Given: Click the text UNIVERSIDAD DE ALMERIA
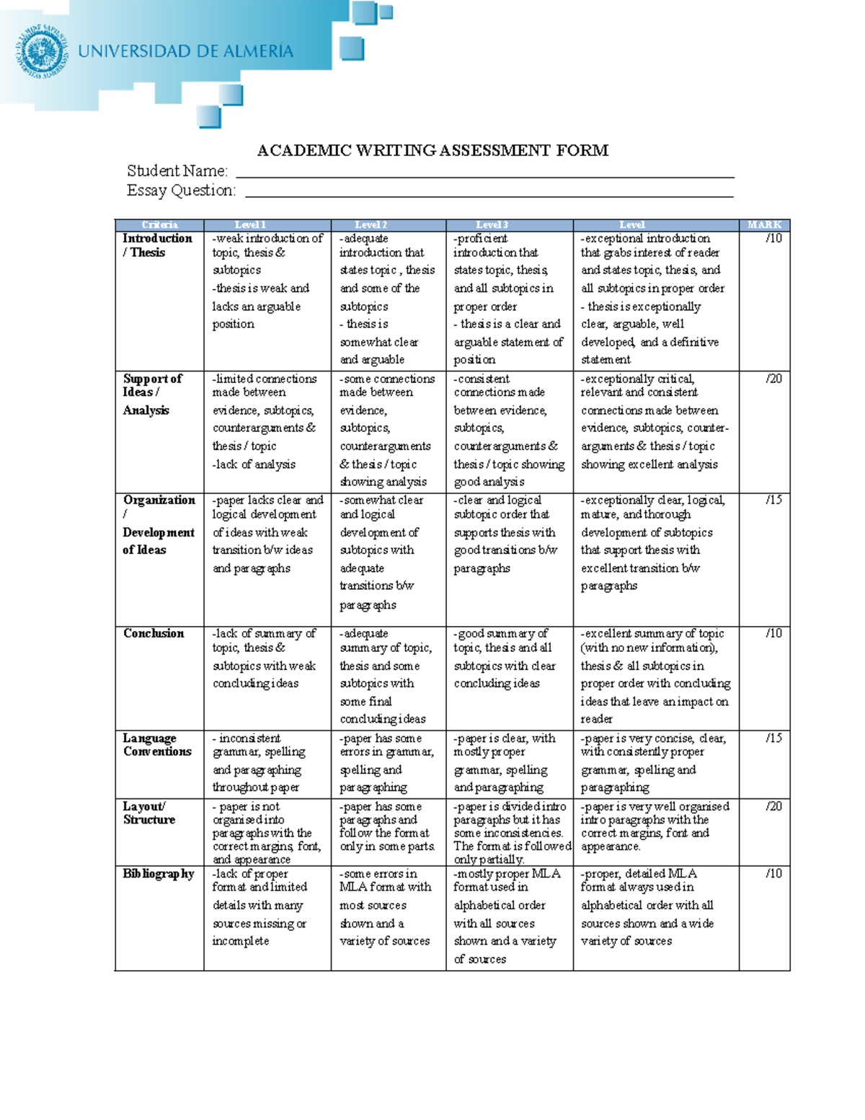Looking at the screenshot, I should (x=185, y=51).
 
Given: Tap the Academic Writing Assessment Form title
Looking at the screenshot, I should (x=432, y=150).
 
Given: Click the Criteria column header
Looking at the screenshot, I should (x=159, y=225).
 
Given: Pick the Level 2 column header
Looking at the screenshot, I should (x=371, y=225).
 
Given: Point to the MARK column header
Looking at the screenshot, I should (x=764, y=225).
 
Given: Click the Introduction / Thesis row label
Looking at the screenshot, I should (x=156, y=245).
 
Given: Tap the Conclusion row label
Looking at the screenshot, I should (x=154, y=633).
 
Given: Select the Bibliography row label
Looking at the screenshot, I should (x=158, y=873).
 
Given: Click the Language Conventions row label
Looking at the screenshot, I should (x=156, y=744).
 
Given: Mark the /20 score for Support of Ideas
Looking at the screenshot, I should (x=773, y=379).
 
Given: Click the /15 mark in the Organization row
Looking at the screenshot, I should (x=773, y=500).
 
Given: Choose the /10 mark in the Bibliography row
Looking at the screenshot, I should (x=773, y=873).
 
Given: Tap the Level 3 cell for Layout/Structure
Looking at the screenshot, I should (x=510, y=832).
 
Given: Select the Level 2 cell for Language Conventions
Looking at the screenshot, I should (x=386, y=762).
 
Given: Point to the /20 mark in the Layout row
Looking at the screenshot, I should (x=773, y=806).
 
